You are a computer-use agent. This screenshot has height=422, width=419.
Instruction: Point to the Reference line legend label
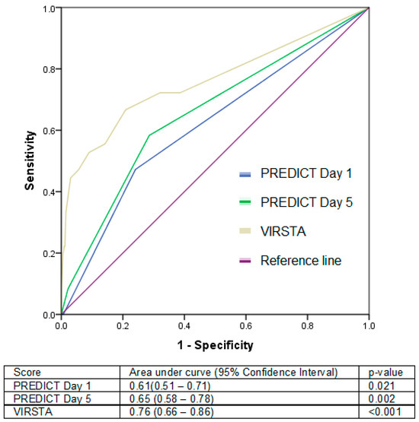pos(300,260)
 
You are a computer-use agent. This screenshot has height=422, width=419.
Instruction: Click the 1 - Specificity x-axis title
pos(215,344)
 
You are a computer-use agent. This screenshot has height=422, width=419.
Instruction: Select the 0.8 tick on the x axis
pos(307,325)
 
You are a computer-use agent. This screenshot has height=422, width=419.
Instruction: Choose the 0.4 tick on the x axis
pos(184,325)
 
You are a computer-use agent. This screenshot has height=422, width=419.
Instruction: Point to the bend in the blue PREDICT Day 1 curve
pos(135,169)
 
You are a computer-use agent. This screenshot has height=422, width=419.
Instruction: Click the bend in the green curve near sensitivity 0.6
pos(149,135)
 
